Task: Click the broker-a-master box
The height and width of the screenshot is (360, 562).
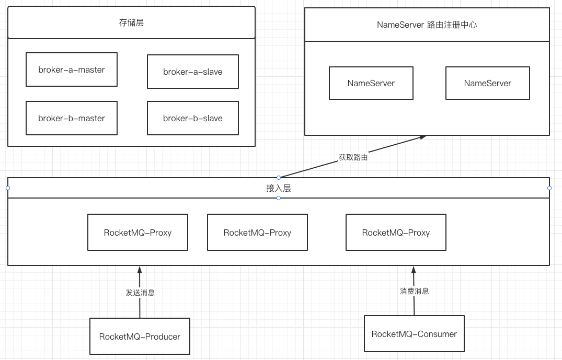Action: coord(72,69)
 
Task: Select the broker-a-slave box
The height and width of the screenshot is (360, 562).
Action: coord(193,72)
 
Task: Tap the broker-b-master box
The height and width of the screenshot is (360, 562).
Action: coord(72,118)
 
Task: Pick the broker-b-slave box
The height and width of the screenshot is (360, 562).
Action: coord(193,118)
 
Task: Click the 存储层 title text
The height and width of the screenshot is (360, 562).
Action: coord(131,22)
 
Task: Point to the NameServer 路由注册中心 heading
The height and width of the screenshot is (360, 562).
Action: coord(427,25)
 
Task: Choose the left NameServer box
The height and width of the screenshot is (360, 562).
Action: coord(371,83)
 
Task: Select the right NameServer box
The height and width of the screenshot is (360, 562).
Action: coord(487,83)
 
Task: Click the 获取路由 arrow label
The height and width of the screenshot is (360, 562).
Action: coord(353,157)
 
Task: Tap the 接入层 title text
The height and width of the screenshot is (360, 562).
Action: coord(278,188)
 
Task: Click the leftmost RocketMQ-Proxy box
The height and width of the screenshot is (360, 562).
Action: coord(137,233)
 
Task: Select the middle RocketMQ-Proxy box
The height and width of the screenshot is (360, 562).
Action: coord(257,233)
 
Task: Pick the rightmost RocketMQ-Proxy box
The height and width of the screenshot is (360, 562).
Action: coord(396,233)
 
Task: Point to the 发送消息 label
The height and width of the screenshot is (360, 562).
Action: coord(140,293)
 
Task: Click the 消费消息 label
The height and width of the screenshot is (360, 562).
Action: coord(414,291)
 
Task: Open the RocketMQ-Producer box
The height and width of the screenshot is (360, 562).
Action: coord(140,336)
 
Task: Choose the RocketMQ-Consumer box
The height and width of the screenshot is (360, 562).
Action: coord(414,334)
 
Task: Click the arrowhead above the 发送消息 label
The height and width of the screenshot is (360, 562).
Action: coord(140,270)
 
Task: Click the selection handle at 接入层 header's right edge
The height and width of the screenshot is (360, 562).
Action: coord(549,188)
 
